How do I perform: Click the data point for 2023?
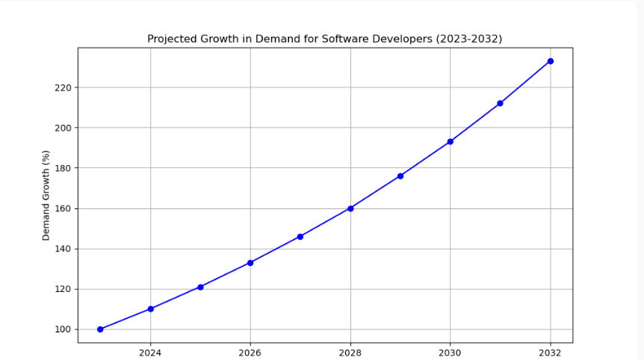[x=100, y=329]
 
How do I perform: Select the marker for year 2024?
[x=150, y=308]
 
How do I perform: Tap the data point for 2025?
[x=200, y=287]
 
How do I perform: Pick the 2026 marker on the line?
[x=250, y=263]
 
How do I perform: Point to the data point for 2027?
[x=300, y=237]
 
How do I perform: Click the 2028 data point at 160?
[x=350, y=208]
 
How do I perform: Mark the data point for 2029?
[x=400, y=176]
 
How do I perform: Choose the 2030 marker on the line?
[x=451, y=141]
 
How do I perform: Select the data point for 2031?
[x=500, y=103]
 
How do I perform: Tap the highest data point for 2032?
[x=551, y=61]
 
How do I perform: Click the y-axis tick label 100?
[x=64, y=329]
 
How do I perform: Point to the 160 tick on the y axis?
[x=64, y=208]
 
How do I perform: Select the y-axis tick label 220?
[x=64, y=87]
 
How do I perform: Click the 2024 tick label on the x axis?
[x=150, y=352]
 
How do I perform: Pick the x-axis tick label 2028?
[x=350, y=352]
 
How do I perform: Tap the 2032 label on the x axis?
[x=551, y=352]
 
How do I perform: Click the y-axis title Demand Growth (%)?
[x=46, y=195]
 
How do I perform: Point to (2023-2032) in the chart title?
[x=469, y=39]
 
